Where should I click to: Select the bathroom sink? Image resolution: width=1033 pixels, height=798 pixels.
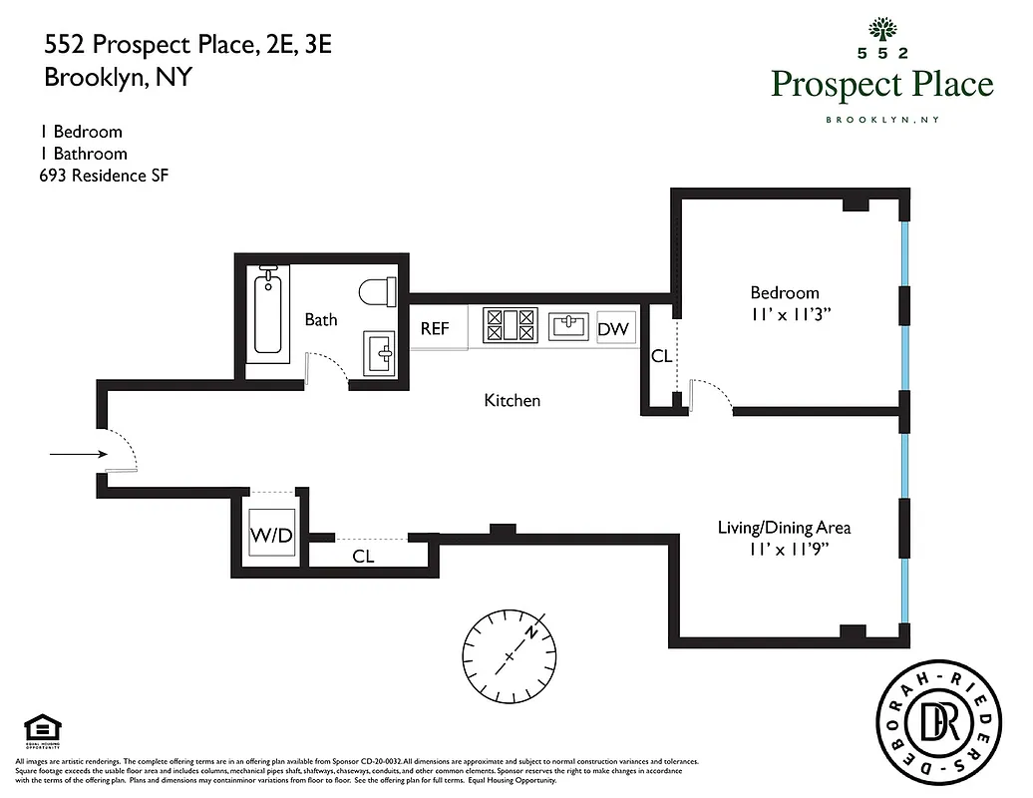point(380,352)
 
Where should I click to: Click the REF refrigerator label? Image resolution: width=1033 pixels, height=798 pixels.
point(435,328)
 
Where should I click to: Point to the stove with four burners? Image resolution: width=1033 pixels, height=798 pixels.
point(510,325)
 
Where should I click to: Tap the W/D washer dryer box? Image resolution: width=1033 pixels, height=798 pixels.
point(271,536)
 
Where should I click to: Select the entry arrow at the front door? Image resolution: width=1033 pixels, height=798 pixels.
point(78,455)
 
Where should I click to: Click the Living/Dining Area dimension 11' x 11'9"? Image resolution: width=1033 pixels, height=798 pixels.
point(785,549)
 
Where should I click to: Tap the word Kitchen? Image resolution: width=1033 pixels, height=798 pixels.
point(512,400)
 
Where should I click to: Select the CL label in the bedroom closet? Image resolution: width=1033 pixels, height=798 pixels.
point(661,356)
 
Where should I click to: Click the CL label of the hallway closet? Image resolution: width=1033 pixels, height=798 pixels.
point(363,557)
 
